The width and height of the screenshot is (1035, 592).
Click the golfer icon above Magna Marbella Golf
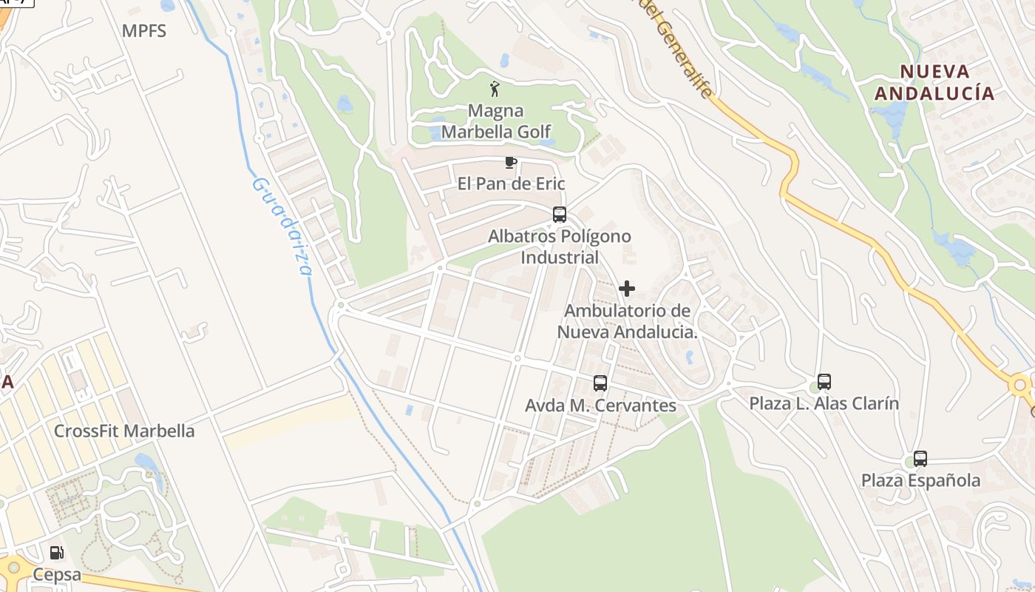coord(495,90)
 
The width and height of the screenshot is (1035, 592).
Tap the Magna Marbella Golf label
coord(496,121)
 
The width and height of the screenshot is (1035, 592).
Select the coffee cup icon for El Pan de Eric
coord(510,162)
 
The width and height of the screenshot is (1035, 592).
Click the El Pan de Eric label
coord(511,184)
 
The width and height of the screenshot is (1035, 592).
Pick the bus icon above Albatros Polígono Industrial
coord(560,215)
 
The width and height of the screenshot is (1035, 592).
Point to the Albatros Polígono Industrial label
coord(560,247)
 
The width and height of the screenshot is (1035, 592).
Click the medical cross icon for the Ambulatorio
coord(627,289)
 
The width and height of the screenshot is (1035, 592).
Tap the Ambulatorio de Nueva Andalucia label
coord(627,321)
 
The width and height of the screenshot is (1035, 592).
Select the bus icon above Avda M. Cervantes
coord(600,383)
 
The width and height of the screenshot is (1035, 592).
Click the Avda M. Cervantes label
coord(600,406)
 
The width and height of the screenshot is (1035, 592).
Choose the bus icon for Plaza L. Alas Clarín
coord(824,382)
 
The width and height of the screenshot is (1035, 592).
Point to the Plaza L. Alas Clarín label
coord(824,404)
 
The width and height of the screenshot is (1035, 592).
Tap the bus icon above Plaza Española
coord(920,459)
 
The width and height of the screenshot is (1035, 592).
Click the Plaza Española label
coord(920,481)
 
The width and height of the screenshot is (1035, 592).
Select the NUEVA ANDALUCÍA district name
coord(934,82)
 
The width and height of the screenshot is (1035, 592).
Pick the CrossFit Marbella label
coord(124,431)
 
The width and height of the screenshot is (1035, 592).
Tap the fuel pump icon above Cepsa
coord(56,552)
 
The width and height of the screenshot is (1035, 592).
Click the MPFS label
coord(144,31)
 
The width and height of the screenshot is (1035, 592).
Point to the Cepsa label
coord(56,576)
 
